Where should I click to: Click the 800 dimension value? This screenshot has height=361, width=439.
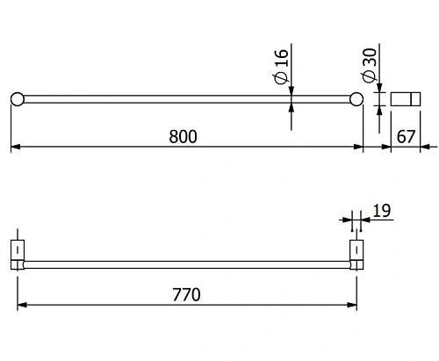184,136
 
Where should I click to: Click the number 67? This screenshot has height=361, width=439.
406,136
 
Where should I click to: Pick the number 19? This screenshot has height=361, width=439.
381,211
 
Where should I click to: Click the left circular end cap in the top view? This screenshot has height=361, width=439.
16,98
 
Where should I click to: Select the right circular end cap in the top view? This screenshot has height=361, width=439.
357,98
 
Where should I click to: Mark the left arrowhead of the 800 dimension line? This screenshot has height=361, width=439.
15,147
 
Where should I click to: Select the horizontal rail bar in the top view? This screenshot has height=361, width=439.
184,98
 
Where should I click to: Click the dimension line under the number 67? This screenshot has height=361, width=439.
406,147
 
